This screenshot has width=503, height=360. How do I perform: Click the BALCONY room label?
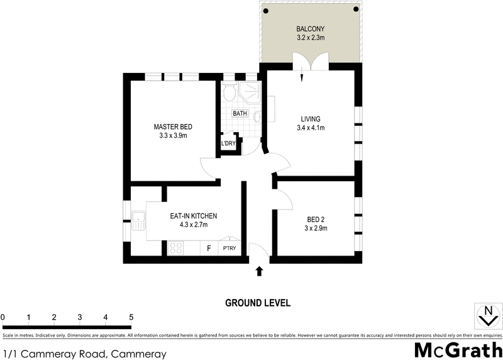tap(311, 29)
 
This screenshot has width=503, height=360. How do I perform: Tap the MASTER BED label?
tap(171, 127)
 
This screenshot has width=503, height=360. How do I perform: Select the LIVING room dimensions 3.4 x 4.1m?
tap(311, 128)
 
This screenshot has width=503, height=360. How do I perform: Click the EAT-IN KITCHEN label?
tap(193, 216)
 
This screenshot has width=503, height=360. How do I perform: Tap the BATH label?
tap(240, 114)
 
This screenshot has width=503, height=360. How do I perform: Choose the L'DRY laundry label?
tap(228, 144)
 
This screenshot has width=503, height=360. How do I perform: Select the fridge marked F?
tap(209, 249)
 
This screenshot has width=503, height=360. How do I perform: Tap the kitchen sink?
tap(138, 220)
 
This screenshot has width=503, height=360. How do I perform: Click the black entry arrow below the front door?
tap(259, 271)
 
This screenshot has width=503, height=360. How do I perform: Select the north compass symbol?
tap(487, 315)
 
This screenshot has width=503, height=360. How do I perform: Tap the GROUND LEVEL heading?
tap(258, 303)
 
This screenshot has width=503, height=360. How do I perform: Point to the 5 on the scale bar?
tap(131, 317)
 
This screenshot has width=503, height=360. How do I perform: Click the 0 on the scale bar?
tap(3, 317)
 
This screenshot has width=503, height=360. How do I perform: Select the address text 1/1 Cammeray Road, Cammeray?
tap(84, 354)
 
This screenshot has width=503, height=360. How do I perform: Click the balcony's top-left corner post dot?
tap(265, 9)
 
